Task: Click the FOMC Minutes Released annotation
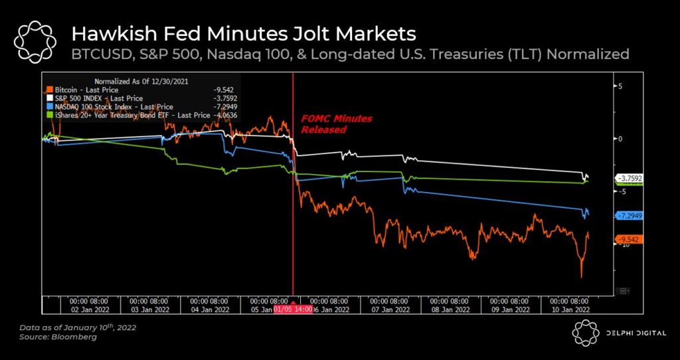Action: [336, 124]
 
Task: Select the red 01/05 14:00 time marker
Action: [293, 310]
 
